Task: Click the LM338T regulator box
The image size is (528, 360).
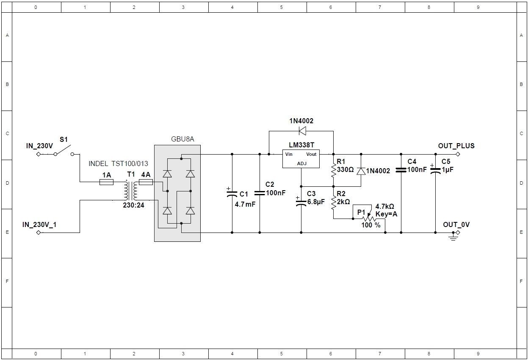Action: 301,159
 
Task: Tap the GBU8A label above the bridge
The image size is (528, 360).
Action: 182,139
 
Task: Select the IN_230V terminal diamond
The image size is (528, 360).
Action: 39,154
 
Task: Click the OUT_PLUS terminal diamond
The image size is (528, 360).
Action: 458,154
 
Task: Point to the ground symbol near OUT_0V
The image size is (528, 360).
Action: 453,237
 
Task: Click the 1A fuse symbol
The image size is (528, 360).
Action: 106,182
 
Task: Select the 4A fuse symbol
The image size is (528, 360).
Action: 146,182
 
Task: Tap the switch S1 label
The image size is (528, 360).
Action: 64,140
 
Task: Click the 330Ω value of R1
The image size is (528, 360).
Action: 346,170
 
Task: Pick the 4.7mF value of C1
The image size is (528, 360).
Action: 245,204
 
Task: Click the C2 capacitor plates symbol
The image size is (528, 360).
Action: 260,193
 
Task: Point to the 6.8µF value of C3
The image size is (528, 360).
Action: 316,202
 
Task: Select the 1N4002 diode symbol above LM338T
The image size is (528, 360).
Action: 302,130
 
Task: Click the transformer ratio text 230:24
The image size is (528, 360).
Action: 133,205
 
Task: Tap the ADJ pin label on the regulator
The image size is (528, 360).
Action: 302,163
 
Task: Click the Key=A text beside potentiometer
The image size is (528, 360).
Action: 386,214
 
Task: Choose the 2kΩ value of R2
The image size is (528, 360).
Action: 343,202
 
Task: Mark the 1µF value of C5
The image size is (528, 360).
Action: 448,170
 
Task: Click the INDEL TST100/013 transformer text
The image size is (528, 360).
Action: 118,163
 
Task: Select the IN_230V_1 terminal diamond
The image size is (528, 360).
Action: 39,233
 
